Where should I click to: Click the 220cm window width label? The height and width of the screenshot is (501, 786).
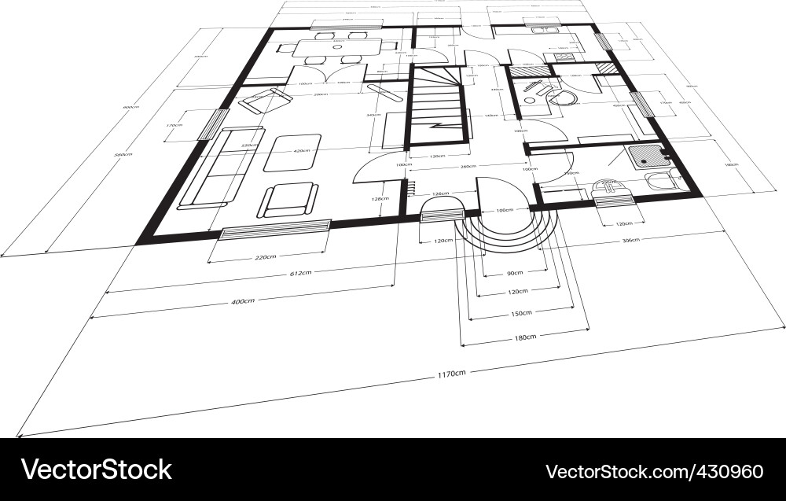click(265, 257)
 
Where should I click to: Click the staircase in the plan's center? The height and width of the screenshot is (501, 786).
click(437, 106)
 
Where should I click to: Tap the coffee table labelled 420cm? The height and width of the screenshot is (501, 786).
click(292, 152)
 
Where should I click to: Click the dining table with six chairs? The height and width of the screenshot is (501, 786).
click(340, 47)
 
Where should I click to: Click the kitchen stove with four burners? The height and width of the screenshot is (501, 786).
click(564, 57)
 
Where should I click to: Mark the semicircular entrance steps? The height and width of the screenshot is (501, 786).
click(508, 224)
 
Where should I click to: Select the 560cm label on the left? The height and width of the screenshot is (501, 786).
click(123, 155)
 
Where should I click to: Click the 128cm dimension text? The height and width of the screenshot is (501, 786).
click(379, 199)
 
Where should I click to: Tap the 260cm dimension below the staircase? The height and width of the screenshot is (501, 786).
click(469, 166)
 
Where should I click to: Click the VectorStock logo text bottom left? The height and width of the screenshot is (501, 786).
click(97, 470)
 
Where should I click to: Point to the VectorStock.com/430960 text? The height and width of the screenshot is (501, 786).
click(654, 471)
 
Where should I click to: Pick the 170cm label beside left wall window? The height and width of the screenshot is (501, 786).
click(174, 125)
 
